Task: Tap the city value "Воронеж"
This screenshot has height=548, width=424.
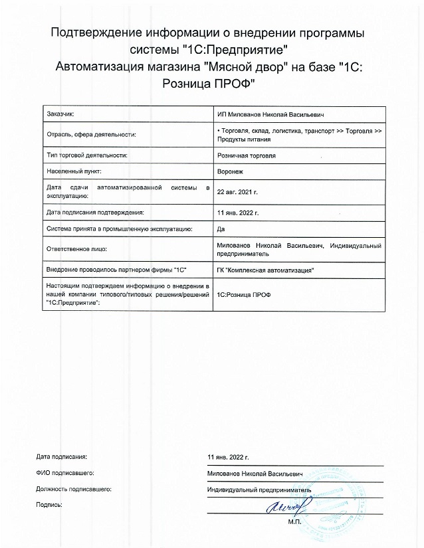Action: pos(229,171)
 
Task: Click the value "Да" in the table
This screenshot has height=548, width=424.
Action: pos(221,228)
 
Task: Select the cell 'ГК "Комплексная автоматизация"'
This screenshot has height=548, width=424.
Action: pos(265,270)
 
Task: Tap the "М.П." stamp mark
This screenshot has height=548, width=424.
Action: pos(295,522)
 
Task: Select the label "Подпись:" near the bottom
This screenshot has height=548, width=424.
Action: pos(50,505)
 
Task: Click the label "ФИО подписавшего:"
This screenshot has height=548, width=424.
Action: pos(66,474)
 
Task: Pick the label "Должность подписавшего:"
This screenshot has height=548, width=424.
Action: pos(74,490)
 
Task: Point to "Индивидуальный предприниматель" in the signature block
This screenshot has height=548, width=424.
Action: pos(259,490)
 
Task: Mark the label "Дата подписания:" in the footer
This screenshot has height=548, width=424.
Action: pos(62,457)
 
